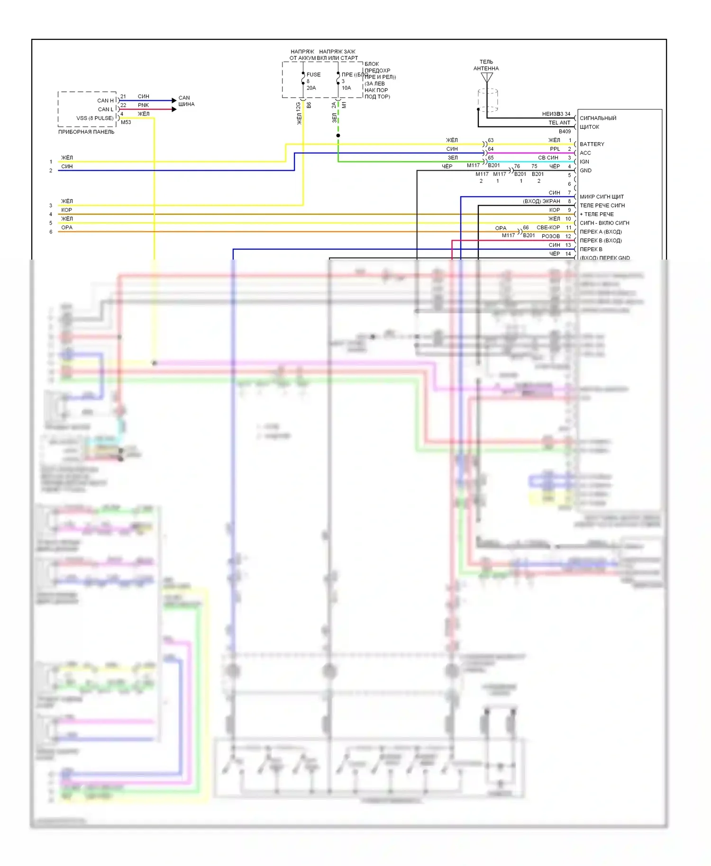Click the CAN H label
tap(105, 100)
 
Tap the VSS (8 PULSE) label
tap(95, 118)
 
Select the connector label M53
tap(126, 122)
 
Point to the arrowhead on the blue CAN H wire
tap(173, 100)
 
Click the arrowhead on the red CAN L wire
tap(173, 109)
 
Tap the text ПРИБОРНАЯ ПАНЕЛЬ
tap(86, 132)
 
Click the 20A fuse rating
tap(311, 88)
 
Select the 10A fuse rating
tap(346, 88)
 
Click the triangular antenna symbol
tap(487, 77)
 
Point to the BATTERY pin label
tap(592, 144)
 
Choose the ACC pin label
tap(585, 153)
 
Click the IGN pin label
tap(584, 162)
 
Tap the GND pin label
tap(585, 171)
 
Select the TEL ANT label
tap(559, 123)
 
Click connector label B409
tap(565, 131)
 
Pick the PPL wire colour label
tap(555, 149)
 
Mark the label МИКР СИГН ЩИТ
tap(602, 197)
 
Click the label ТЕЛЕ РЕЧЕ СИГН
tap(602, 206)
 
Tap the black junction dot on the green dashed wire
tap(338, 135)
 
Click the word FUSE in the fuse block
tap(313, 74)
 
